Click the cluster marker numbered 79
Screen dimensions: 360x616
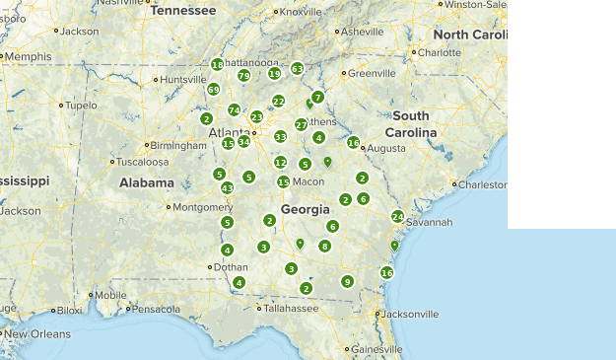(x=243, y=76)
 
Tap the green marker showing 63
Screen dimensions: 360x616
(x=297, y=69)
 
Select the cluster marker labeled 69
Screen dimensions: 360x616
(x=213, y=90)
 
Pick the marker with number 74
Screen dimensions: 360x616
(x=234, y=110)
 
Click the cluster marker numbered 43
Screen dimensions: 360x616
(x=227, y=188)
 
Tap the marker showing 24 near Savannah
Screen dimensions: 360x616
(x=397, y=216)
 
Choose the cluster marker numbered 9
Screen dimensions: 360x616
(x=347, y=281)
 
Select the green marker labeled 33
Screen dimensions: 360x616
(x=280, y=137)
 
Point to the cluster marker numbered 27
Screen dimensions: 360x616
(x=302, y=125)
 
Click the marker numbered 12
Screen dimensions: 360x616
(x=280, y=163)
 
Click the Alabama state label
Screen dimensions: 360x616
(x=147, y=182)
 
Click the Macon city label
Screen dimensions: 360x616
(x=308, y=181)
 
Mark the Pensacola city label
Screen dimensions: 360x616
(x=157, y=309)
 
